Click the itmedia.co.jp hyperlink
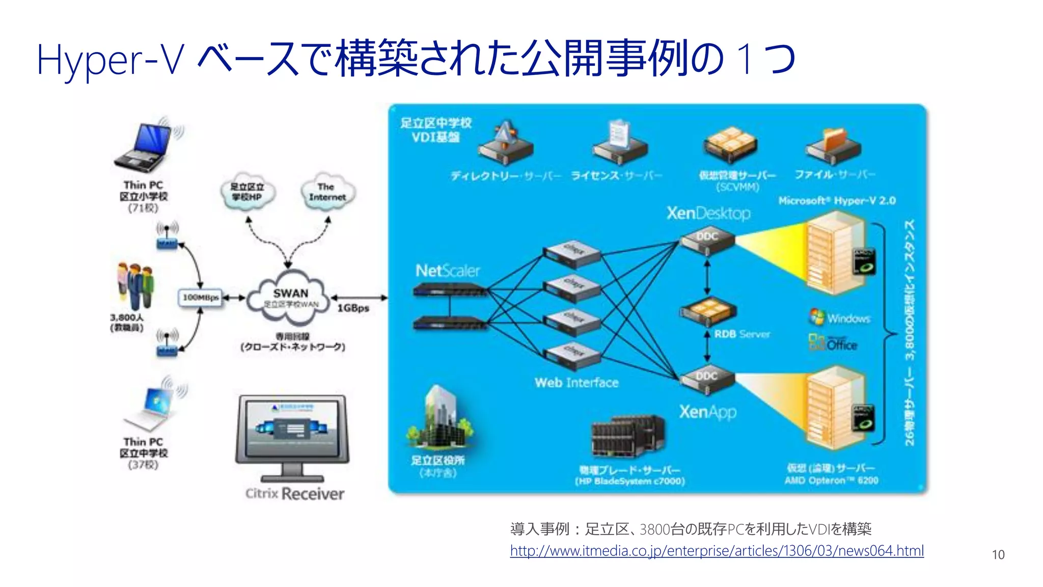pyautogui.click(x=717, y=551)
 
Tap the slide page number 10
pyautogui.click(x=998, y=555)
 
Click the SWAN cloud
pyautogui.click(x=290, y=298)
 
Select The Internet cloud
pyautogui.click(x=326, y=192)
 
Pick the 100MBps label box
pyautogui.click(x=201, y=298)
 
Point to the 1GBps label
pyautogui.click(x=353, y=308)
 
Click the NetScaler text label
pyautogui.click(x=447, y=271)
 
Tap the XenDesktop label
pyautogui.click(x=708, y=213)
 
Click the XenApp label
pyautogui.click(x=707, y=412)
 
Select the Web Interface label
pyautogui.click(x=576, y=383)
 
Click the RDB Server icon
pyautogui.click(x=708, y=312)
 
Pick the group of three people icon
pyautogui.click(x=135, y=286)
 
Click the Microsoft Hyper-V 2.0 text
pyautogui.click(x=836, y=201)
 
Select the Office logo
pyautogui.click(x=832, y=343)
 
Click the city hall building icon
pyautogui.click(x=439, y=418)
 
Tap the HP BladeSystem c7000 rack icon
pyautogui.click(x=627, y=436)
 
